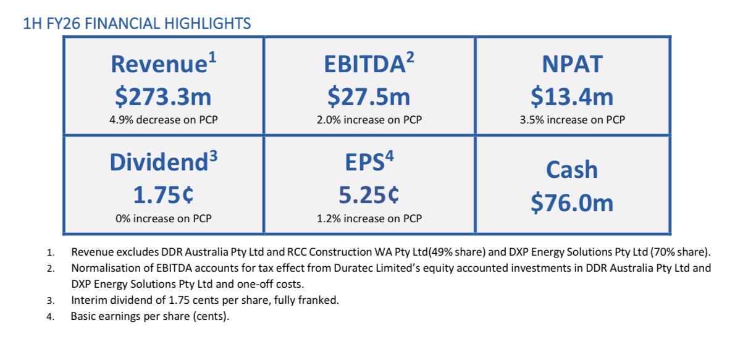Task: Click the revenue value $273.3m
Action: tap(163, 96)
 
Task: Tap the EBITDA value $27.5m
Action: tap(369, 96)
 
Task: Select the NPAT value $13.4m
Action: tap(572, 96)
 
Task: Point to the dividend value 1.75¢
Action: tap(163, 195)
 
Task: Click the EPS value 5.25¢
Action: tap(369, 195)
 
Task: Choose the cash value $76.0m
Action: tap(572, 203)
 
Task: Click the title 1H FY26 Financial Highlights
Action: tap(136, 24)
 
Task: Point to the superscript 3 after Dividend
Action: tap(213, 157)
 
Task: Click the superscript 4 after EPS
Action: tap(390, 157)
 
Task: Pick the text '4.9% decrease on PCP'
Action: tap(163, 120)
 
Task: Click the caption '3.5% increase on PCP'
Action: tap(572, 120)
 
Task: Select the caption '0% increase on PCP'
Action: tap(163, 218)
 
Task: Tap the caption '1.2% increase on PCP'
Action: tap(369, 218)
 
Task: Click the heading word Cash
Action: tap(572, 170)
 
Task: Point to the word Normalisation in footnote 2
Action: tap(103, 269)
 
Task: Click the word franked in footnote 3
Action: tap(322, 301)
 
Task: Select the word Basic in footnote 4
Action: tap(84, 317)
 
